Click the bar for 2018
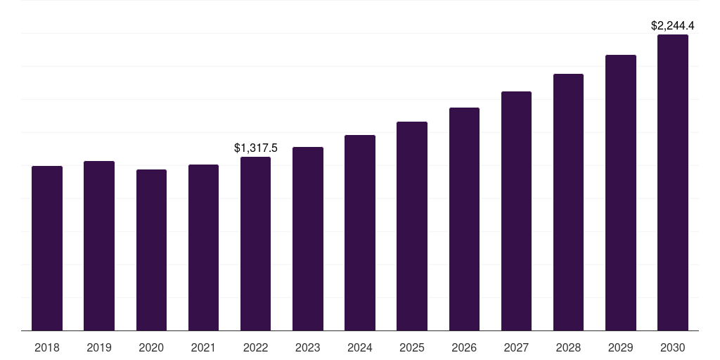coord(47,248)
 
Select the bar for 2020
coord(151,250)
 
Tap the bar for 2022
coord(255,244)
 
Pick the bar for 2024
coord(360,233)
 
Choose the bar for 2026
coord(464,219)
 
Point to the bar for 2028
coord(568,202)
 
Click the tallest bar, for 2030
coord(673,183)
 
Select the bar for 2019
coord(99,246)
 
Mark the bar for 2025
coord(412,226)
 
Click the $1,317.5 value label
coord(255,148)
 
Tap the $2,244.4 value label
coord(673,26)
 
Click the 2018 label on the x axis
coord(47,347)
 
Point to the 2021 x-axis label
coord(203,347)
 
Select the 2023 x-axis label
coord(308,347)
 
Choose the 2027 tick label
coord(516,347)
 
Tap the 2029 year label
coord(621,347)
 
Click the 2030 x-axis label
coord(673,347)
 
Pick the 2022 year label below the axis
coord(255,347)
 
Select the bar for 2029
coord(621,193)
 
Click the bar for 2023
coord(308,239)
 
